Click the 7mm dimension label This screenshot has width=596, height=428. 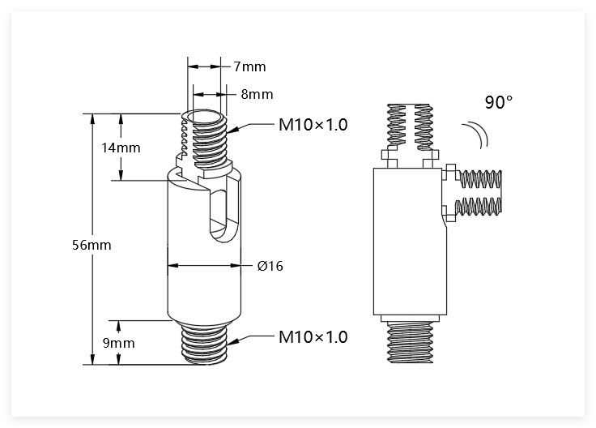click(249, 66)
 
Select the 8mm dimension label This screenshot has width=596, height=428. click(257, 94)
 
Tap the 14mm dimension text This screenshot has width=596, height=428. click(121, 148)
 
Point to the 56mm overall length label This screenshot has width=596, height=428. click(92, 245)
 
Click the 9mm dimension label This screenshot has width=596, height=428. click(118, 343)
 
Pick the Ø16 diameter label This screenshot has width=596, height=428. click(270, 266)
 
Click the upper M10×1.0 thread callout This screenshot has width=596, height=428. click(313, 124)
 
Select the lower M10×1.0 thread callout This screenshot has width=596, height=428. click(313, 336)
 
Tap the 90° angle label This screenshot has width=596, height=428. click(499, 102)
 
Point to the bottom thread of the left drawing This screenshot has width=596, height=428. click(205, 343)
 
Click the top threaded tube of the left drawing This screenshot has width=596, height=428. click(205, 140)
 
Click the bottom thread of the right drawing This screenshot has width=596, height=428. click(410, 342)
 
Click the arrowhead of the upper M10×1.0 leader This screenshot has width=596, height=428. click(233, 130)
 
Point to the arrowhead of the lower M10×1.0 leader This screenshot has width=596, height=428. click(233, 341)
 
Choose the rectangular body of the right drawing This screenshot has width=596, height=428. click(410, 242)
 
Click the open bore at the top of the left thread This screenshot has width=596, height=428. click(205, 116)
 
